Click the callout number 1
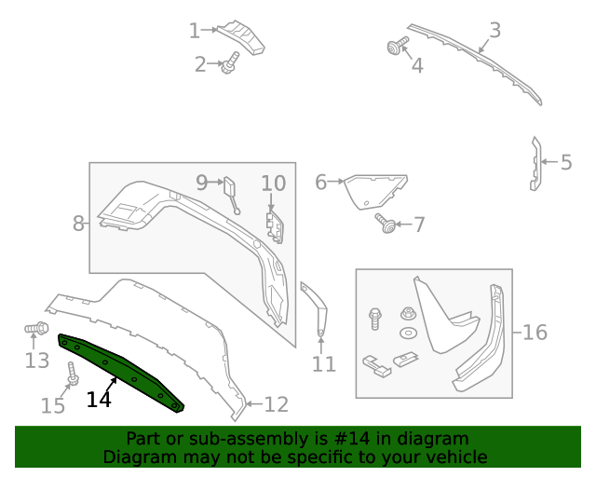coord(194,31)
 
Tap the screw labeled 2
coord(230,62)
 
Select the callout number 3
coord(494,30)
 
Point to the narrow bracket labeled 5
coord(535,164)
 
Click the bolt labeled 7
coord(385,223)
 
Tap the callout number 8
coord(78,223)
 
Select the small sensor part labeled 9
coord(229,189)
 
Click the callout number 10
coord(273,183)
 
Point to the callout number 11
coord(323,364)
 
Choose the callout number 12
coord(277,404)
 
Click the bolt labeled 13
coord(37,329)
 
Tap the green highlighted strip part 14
coord(121,369)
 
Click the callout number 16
coord(535,333)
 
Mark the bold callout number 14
coord(99,400)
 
